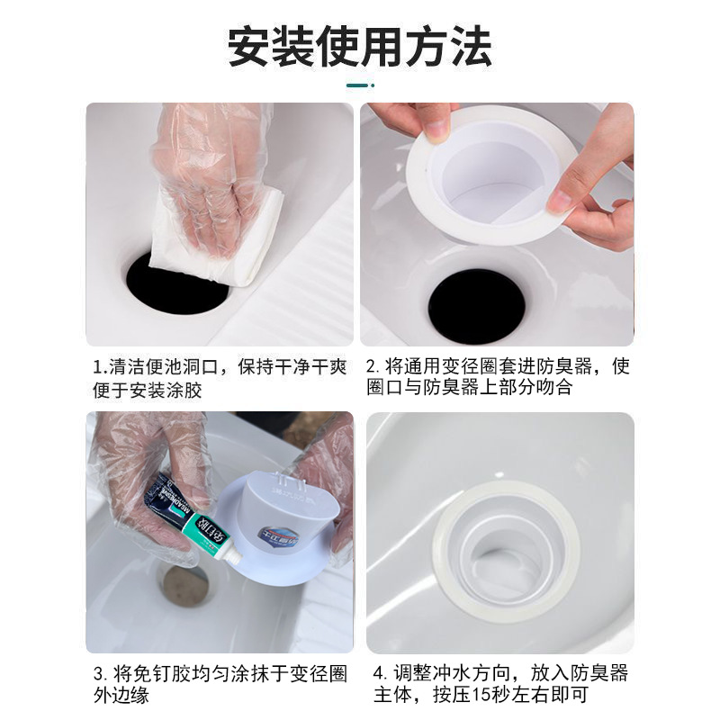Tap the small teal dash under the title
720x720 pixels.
point(360,86)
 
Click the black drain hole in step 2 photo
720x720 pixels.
point(476,305)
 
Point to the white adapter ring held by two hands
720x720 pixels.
point(491,175)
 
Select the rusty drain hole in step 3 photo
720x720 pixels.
point(184,585)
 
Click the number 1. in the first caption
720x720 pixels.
point(100,367)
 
